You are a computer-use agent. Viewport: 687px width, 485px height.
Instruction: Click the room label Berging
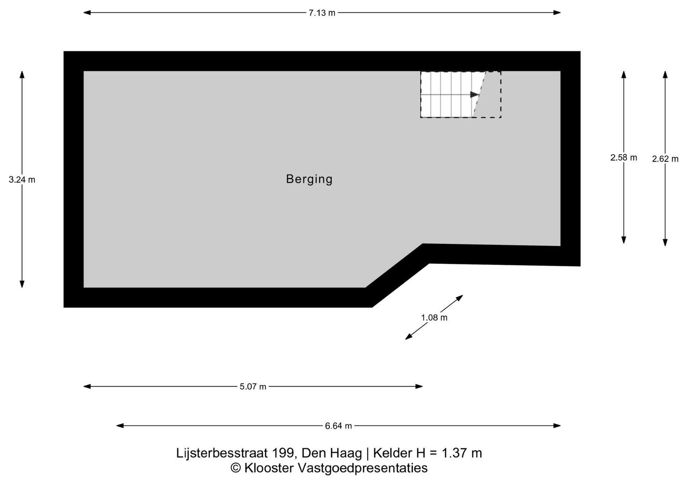[309, 179]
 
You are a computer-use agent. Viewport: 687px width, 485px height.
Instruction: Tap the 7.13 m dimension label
[322, 13]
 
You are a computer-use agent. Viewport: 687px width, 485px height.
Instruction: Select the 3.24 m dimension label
[22, 180]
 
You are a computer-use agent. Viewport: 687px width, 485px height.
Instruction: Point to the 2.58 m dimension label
[623, 158]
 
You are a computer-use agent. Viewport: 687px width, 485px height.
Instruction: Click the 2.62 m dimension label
[665, 159]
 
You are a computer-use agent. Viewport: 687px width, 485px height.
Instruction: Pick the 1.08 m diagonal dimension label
[434, 317]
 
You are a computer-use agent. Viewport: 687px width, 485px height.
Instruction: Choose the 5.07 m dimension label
[253, 387]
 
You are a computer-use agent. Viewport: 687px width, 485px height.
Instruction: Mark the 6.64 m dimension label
[338, 426]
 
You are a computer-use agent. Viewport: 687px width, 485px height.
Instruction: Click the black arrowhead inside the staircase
[475, 94]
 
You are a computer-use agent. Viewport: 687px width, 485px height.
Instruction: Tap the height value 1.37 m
[462, 453]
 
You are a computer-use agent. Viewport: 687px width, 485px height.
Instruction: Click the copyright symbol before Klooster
[235, 468]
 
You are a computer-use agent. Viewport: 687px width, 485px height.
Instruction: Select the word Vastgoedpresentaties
[363, 468]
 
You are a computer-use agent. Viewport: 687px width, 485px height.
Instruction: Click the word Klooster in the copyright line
[268, 468]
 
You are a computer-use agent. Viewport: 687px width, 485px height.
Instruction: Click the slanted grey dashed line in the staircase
[479, 94]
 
